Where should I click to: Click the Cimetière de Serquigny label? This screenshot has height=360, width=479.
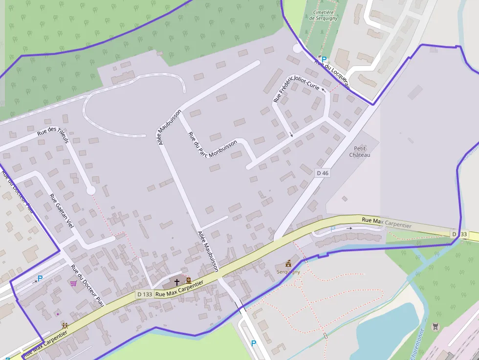click(x=323, y=15)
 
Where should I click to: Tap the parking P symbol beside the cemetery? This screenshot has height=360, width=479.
click(x=324, y=59)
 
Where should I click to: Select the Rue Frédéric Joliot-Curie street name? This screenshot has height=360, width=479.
click(x=296, y=87)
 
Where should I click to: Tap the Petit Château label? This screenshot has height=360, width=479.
click(x=360, y=151)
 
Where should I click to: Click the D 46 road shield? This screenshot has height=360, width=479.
click(x=323, y=173)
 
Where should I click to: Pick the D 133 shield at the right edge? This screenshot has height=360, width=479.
click(x=459, y=234)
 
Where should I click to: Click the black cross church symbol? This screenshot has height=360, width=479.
click(x=177, y=282)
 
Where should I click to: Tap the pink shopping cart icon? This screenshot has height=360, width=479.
click(x=73, y=283)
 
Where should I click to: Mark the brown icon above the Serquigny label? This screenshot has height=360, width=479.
click(x=288, y=263)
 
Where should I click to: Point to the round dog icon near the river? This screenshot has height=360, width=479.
click(x=435, y=327)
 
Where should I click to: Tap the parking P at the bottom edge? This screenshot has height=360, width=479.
click(x=253, y=343)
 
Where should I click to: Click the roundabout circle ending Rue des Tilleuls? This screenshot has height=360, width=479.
click(x=90, y=191)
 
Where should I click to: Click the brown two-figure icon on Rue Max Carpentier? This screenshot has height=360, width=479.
click(x=65, y=325)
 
